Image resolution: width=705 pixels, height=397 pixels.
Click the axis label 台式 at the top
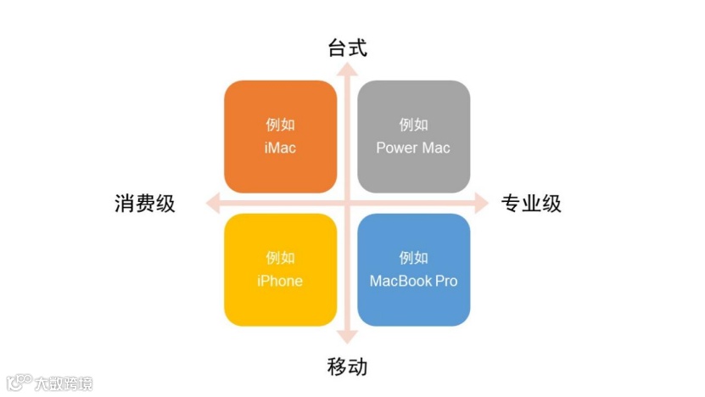[x=347, y=48]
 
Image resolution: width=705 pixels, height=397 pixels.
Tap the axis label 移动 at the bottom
[x=347, y=366]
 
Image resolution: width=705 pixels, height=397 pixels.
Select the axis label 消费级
[x=145, y=204]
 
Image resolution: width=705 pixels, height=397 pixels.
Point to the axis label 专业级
[x=531, y=204]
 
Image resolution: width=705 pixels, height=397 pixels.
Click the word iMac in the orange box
[x=280, y=148]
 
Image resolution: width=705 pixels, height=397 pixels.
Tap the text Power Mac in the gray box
[x=413, y=148]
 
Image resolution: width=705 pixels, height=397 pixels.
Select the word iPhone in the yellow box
[x=280, y=281]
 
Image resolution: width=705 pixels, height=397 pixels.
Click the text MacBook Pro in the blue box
[x=413, y=281]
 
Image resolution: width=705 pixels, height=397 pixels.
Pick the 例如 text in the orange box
[x=280, y=125]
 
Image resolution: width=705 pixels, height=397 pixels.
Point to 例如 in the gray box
[x=413, y=125]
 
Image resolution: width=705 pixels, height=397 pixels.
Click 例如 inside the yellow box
[x=280, y=258]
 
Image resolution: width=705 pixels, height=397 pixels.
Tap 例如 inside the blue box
[x=413, y=258]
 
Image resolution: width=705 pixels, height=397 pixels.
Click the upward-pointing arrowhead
[x=347, y=70]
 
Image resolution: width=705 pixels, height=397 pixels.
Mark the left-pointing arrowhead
[x=213, y=204]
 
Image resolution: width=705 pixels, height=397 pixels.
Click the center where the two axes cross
[x=347, y=204]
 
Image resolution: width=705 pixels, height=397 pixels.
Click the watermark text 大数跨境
[x=64, y=383]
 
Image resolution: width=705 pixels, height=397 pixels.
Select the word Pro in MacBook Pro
[x=446, y=281]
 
